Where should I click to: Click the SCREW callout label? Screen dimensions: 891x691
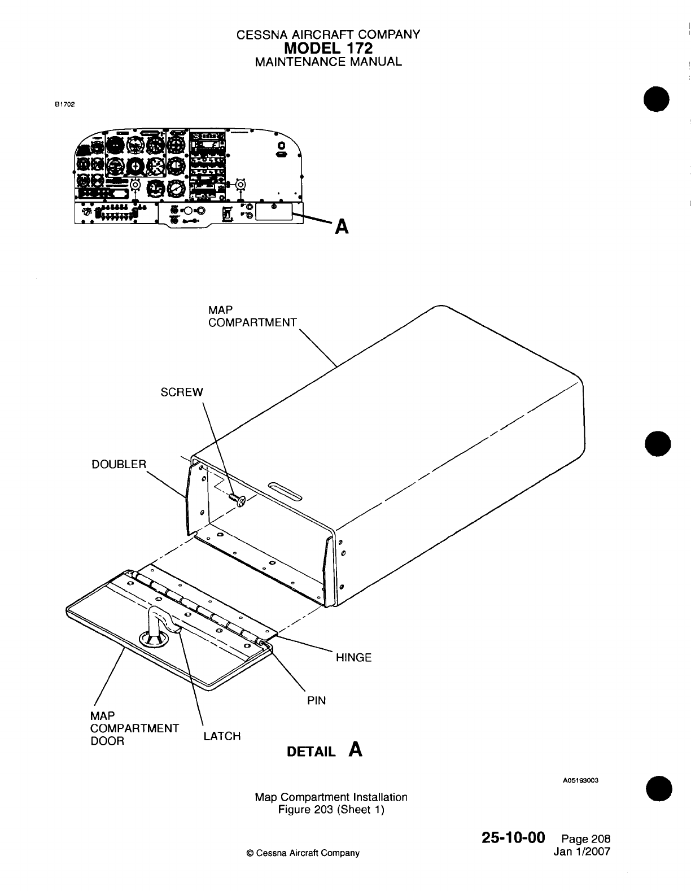(x=181, y=392)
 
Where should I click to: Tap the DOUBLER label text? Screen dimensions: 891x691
(x=119, y=464)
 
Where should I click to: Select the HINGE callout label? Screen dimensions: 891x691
(x=353, y=657)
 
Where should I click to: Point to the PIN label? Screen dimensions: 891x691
(x=316, y=700)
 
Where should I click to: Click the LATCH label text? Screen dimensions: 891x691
(x=222, y=736)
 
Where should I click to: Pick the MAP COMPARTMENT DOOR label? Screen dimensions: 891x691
(x=134, y=728)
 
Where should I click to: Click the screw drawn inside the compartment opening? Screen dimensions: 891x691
(x=238, y=500)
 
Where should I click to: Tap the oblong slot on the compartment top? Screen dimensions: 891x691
(x=286, y=490)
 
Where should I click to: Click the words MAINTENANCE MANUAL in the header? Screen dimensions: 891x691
(x=328, y=62)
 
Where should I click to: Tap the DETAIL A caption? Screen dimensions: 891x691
(x=325, y=750)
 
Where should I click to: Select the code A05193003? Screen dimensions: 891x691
(x=580, y=781)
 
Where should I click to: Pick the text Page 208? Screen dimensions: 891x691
(x=587, y=839)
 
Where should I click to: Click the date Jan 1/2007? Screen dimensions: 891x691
(x=582, y=851)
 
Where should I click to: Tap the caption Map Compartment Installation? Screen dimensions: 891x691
(x=331, y=797)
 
